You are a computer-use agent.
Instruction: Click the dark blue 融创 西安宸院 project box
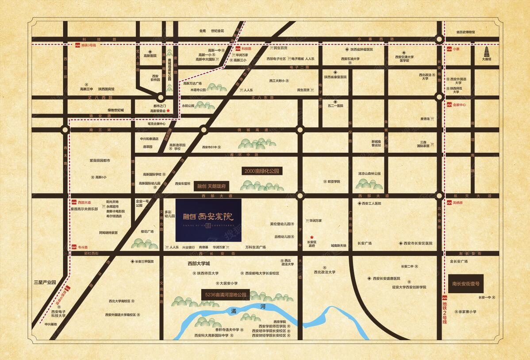click(208, 220)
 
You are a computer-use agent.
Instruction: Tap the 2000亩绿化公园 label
click(262, 171)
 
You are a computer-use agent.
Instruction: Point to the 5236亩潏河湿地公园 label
click(225, 294)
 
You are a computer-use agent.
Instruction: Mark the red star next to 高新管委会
click(168, 111)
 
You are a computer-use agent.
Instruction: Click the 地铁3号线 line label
click(88, 45)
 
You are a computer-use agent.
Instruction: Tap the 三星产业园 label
click(45, 282)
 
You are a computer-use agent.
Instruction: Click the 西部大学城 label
click(195, 263)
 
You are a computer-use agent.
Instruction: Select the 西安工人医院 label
click(371, 204)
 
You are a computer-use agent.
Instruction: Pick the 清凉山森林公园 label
click(369, 174)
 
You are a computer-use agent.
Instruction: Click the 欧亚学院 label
click(333, 182)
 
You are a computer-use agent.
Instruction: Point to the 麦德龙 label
click(425, 118)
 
